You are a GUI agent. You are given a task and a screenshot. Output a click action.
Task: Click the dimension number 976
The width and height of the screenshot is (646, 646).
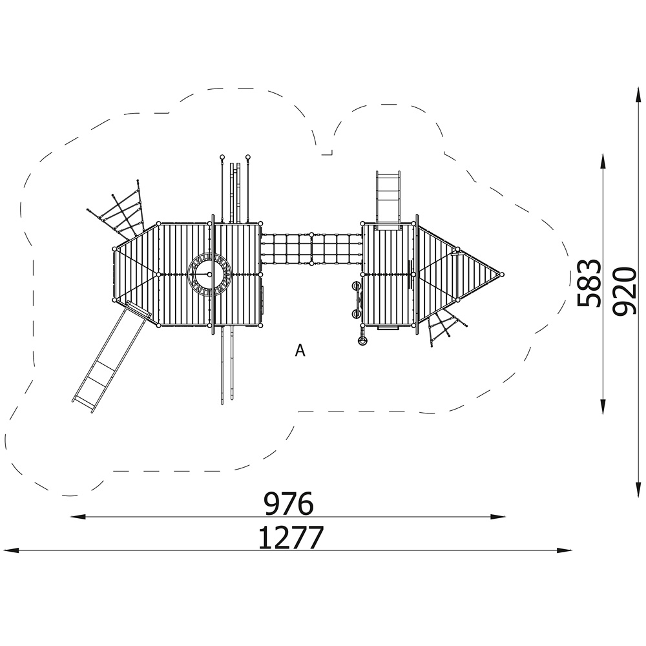289,503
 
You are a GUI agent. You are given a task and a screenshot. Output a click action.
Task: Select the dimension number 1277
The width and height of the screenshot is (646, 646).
291,537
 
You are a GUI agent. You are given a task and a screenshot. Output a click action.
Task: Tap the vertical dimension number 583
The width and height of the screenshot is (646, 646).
589,283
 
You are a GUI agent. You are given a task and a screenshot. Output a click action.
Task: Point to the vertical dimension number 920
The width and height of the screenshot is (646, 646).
624,291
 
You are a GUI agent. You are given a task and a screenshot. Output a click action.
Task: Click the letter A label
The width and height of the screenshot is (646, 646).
300,351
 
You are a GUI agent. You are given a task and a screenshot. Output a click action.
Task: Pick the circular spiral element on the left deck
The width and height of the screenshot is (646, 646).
209,275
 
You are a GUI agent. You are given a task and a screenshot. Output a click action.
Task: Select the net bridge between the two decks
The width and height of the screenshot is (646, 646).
311,249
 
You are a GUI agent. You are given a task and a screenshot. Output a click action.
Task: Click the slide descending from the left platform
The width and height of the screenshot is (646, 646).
111,355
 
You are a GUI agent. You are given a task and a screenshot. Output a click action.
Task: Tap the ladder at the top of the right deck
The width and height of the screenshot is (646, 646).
388,200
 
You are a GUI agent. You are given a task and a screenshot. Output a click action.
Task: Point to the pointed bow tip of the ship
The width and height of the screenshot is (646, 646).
502,274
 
